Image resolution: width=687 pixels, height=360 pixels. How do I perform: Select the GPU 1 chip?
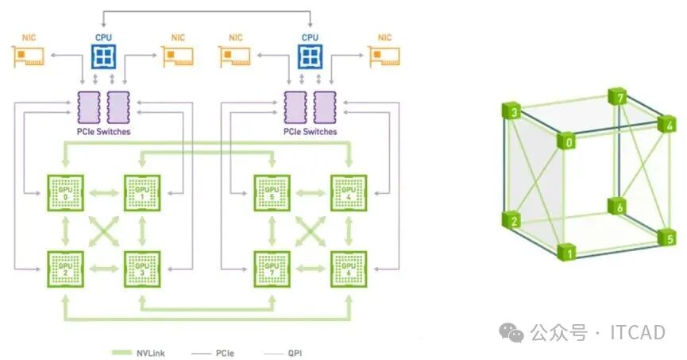(x=141, y=193)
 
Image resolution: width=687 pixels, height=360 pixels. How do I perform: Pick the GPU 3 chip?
(x=141, y=269)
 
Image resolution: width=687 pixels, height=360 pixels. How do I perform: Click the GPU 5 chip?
(x=272, y=193)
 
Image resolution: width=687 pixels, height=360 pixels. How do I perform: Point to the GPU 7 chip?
(x=272, y=269)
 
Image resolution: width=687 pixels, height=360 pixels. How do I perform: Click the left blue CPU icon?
(x=102, y=56)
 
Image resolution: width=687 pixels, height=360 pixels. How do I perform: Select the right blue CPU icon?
(x=310, y=56)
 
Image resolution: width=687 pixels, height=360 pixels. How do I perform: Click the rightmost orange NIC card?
(x=384, y=56)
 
